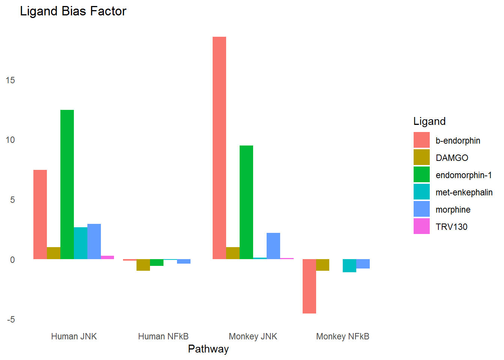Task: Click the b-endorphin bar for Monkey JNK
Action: pos(219,148)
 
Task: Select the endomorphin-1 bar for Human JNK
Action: pos(67,184)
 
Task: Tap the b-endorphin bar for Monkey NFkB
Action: pos(309,286)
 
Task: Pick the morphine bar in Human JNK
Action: pos(94,241)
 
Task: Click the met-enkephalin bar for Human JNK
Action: pos(81,243)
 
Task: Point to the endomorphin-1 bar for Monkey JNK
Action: pos(246,202)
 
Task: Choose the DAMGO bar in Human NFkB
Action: pos(143,265)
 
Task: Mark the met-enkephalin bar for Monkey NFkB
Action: pos(349,265)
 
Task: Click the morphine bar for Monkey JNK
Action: pos(273,246)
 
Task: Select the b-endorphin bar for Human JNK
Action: pos(40,214)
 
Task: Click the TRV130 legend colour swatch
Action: pos(421,226)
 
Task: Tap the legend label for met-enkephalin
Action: pos(464,192)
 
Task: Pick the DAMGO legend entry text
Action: pos(452,158)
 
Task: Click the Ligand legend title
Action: pos(429,121)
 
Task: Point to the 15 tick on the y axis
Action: pos(10,80)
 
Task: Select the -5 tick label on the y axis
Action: pos(10,319)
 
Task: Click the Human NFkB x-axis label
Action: pos(163,336)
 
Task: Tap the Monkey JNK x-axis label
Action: pos(253,336)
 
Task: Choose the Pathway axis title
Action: pos(208,349)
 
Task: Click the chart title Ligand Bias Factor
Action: pos(73,11)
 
